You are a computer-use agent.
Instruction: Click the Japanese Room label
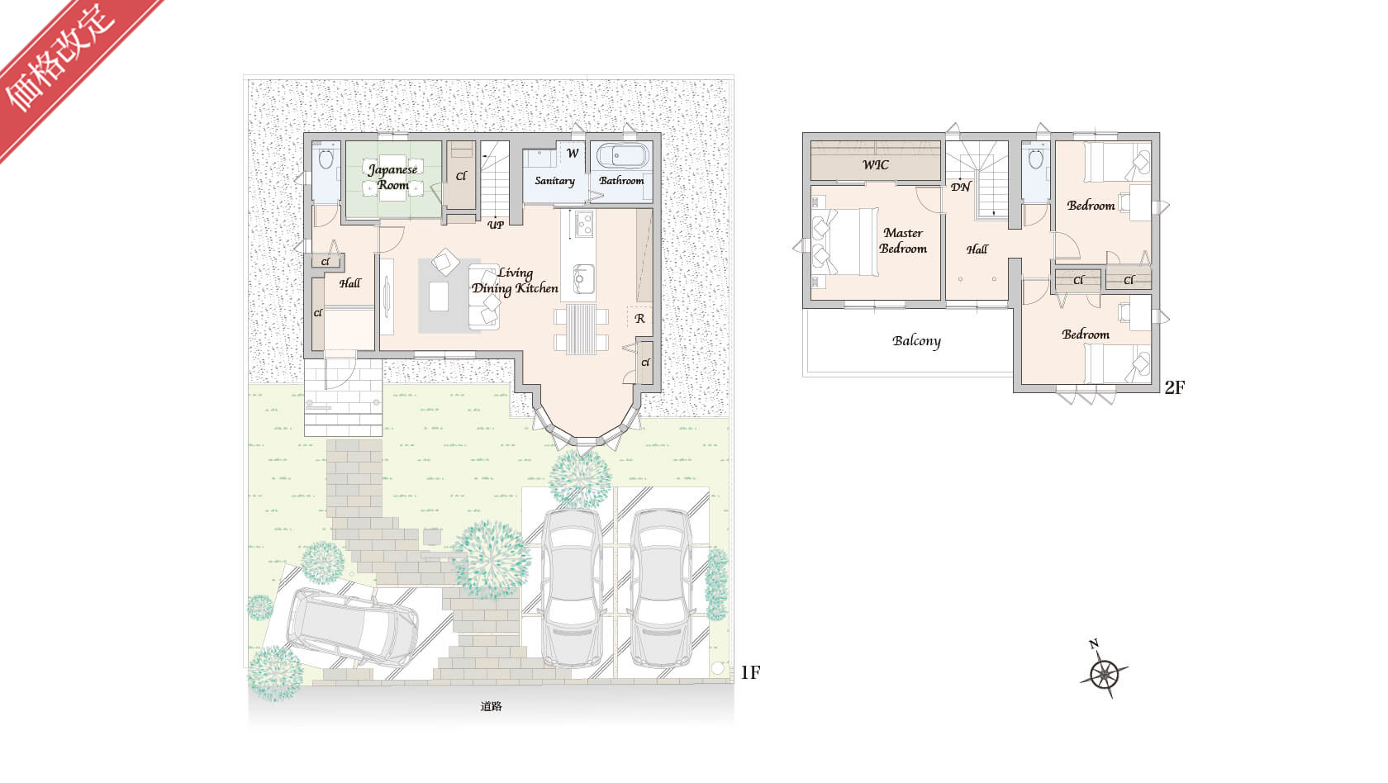(393, 177)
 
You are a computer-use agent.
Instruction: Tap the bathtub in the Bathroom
(623, 156)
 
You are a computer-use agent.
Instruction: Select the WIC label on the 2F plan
(876, 165)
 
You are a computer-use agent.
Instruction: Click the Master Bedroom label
(903, 240)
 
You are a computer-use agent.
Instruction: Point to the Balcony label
(916, 340)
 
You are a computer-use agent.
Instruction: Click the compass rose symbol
(1104, 672)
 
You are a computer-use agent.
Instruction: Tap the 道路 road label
(491, 706)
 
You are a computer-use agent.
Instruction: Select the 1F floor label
(750, 672)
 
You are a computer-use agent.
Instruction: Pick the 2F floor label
(1174, 388)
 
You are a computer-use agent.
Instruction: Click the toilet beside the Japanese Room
(326, 159)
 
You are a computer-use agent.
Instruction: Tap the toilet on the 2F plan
(1035, 159)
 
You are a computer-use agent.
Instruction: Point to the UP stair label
(495, 225)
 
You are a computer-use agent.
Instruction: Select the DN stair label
(960, 187)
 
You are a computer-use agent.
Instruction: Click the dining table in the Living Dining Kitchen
(582, 329)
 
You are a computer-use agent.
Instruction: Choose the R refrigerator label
(639, 319)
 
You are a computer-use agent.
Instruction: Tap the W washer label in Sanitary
(573, 153)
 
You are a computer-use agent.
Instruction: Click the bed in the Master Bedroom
(845, 242)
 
